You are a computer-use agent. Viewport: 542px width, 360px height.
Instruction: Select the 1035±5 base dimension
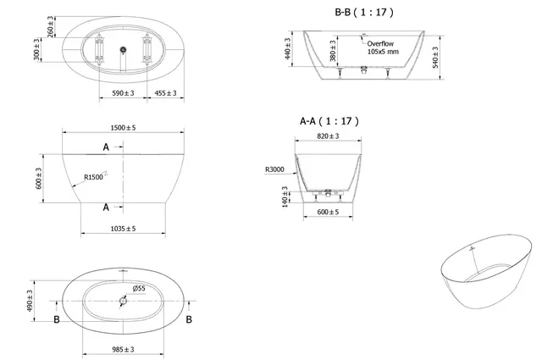click(124, 228)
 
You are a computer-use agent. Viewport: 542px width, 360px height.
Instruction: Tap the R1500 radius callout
click(94, 178)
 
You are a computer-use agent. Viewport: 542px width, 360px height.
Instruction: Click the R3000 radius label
click(274, 169)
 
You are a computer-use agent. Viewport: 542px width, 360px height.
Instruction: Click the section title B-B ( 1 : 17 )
click(363, 13)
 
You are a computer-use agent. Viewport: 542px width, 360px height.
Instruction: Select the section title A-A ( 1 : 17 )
click(329, 120)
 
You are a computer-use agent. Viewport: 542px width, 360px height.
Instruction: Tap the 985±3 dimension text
click(124, 348)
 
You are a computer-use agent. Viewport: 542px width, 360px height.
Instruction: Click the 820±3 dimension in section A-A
click(328, 136)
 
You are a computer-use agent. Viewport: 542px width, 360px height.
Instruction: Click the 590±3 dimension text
click(124, 92)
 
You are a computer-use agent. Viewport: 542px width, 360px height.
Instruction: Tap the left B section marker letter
click(57, 319)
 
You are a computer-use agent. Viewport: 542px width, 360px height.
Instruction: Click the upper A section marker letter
click(106, 147)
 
